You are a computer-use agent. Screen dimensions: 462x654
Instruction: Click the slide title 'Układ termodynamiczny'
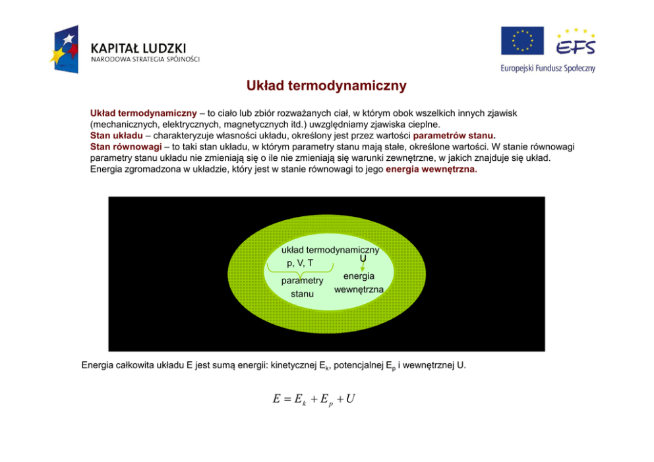(326, 86)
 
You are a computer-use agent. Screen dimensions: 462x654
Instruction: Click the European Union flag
(522, 41)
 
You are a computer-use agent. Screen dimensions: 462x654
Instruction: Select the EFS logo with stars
(575, 42)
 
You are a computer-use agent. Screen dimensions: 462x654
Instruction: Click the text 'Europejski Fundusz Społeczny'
(547, 67)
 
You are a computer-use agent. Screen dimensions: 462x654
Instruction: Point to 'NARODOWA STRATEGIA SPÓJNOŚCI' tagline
(145, 59)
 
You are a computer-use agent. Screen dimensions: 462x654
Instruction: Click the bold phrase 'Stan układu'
(116, 136)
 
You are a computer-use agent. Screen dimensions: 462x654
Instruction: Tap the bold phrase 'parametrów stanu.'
(454, 136)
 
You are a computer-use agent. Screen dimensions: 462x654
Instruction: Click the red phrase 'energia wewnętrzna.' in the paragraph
(431, 169)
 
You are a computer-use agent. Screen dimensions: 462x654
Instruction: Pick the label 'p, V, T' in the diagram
(300, 264)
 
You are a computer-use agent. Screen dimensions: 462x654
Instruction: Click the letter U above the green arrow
(363, 258)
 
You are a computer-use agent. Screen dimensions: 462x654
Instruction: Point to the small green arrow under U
(363, 267)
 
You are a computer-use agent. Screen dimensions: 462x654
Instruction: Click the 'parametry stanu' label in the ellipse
(302, 287)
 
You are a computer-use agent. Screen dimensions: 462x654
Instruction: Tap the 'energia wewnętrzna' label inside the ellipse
(359, 283)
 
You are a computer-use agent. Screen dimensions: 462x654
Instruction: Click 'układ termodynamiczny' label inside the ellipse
(330, 250)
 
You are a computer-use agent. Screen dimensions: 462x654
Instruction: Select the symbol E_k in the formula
(299, 400)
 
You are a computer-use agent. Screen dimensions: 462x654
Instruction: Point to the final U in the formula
(350, 399)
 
